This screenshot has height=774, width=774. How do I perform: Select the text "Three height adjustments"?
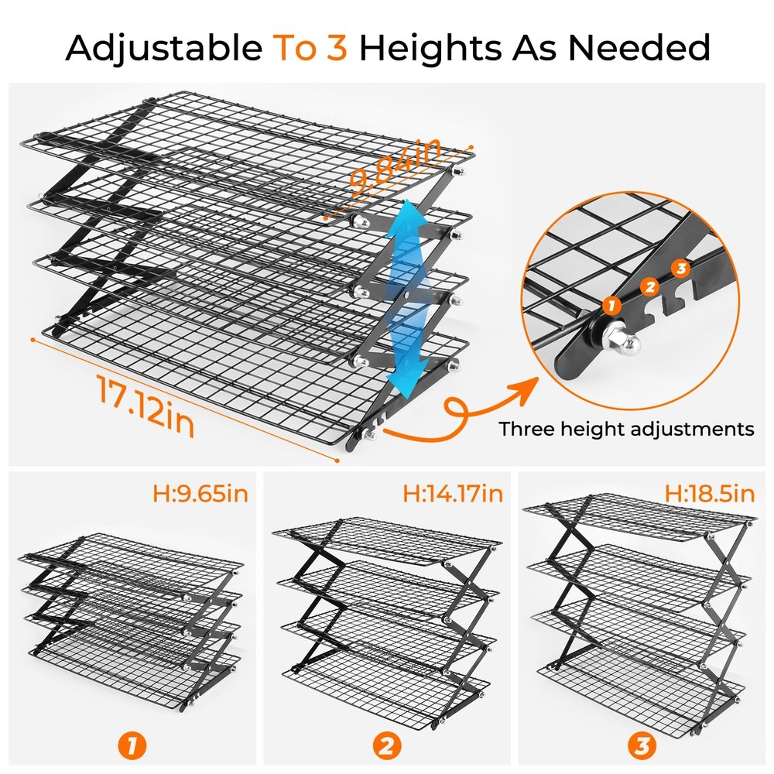coord(626,429)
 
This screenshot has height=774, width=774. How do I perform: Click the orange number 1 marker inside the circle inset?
coord(613,305)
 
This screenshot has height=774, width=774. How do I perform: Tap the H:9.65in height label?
coord(200,492)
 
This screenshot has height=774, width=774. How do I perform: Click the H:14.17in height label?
coord(453,492)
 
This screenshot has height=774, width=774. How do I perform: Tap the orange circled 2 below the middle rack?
coord(388,746)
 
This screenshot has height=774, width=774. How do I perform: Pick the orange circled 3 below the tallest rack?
coord(642,746)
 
